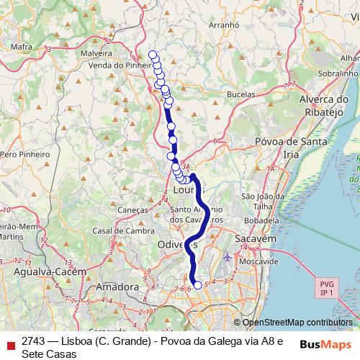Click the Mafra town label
[22, 48]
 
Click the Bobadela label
[260, 220]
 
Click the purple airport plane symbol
[228, 257]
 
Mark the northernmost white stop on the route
[152, 55]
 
